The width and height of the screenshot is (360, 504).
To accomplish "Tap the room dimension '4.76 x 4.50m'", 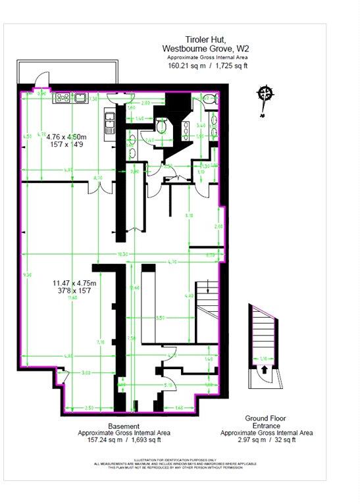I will coord(66,137).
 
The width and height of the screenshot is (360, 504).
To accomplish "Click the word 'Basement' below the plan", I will coord(124,426).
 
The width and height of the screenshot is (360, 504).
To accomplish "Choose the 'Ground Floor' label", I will coord(267,418).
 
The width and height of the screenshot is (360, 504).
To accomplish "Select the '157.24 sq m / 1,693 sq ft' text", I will coord(124,441).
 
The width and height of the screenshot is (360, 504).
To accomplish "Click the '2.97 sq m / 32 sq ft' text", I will coord(267,441).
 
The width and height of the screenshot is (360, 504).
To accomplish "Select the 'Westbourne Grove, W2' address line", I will coord(205,49).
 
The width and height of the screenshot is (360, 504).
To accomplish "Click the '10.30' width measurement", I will coord(122,255).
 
